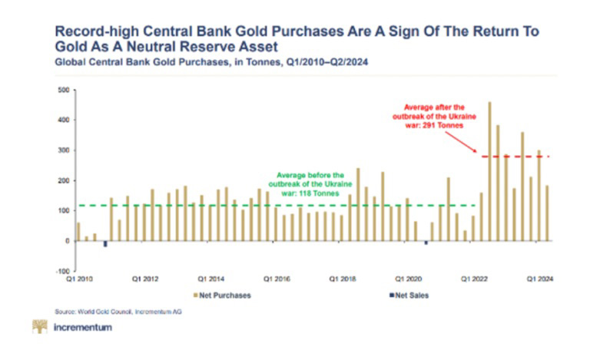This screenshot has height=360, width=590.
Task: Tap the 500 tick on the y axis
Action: tap(64, 91)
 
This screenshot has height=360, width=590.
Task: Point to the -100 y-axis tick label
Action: tap(63, 271)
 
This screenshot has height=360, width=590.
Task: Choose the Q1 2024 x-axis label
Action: tap(541, 279)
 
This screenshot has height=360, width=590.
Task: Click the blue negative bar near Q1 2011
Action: tap(104, 244)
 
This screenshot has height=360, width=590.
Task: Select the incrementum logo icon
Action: tap(38, 329)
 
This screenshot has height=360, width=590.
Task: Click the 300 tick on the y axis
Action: tap(64, 150)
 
